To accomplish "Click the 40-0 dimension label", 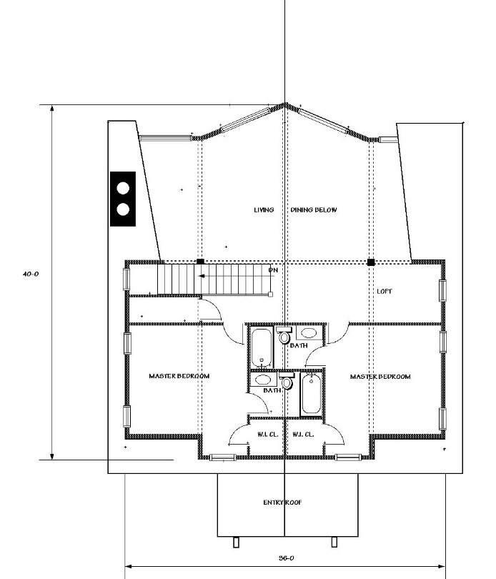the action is (30, 274).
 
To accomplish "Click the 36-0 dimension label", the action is (286, 558).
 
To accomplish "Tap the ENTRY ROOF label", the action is (282, 503).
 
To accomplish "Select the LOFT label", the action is (384, 292).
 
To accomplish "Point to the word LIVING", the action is (264, 209).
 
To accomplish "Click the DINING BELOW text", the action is (314, 209).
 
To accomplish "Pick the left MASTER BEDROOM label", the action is (179, 376).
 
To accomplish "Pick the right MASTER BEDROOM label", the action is (380, 377).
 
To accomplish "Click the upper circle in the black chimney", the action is (123, 188).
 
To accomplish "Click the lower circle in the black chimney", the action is (123, 209).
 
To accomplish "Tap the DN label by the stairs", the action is (273, 270).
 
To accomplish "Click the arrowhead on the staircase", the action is (202, 276).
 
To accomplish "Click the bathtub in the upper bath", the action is (262, 347).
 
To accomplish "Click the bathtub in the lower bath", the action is (312, 394).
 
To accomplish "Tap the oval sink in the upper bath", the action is (309, 332).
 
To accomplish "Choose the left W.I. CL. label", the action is (268, 435).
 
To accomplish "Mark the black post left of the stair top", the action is (200, 262).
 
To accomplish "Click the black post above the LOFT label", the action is (371, 262).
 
